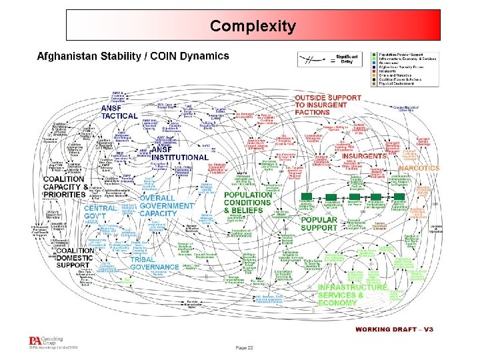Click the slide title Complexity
pos(253,27)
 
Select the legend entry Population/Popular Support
pos(407,54)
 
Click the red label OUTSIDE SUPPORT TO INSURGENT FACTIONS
pos(328,105)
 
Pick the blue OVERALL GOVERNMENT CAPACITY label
pos(167,206)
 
